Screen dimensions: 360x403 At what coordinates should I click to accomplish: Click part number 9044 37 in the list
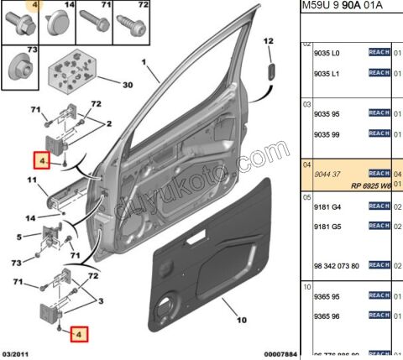[x=326, y=173]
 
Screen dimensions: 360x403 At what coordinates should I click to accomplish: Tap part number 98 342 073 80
[x=336, y=265]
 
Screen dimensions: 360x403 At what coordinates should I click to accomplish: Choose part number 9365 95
[x=325, y=296]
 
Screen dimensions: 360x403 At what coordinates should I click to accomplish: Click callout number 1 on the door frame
[x=144, y=61]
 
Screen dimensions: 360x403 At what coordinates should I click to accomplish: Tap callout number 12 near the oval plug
[x=270, y=41]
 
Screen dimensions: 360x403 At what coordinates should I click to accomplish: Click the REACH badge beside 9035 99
[x=379, y=133]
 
